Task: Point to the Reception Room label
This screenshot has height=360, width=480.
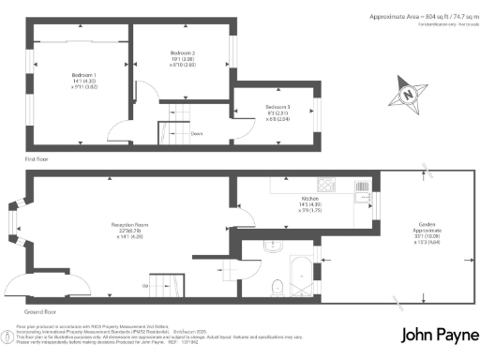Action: click(x=132, y=226)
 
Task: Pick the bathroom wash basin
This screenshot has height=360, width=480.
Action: click(x=270, y=247)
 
